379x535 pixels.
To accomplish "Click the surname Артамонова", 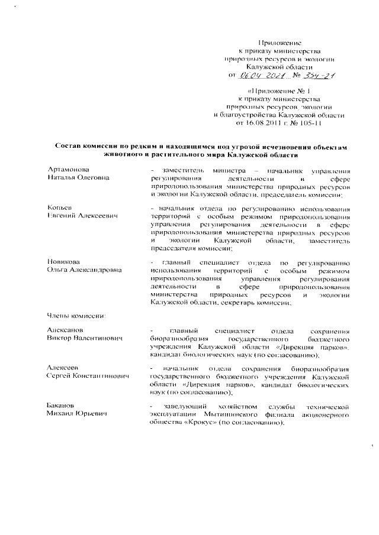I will pos(68,170).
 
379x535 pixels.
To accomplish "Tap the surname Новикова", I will pos(64,261).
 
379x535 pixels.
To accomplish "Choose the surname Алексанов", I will pos(65,330).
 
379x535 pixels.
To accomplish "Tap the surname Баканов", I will pos(62,406).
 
